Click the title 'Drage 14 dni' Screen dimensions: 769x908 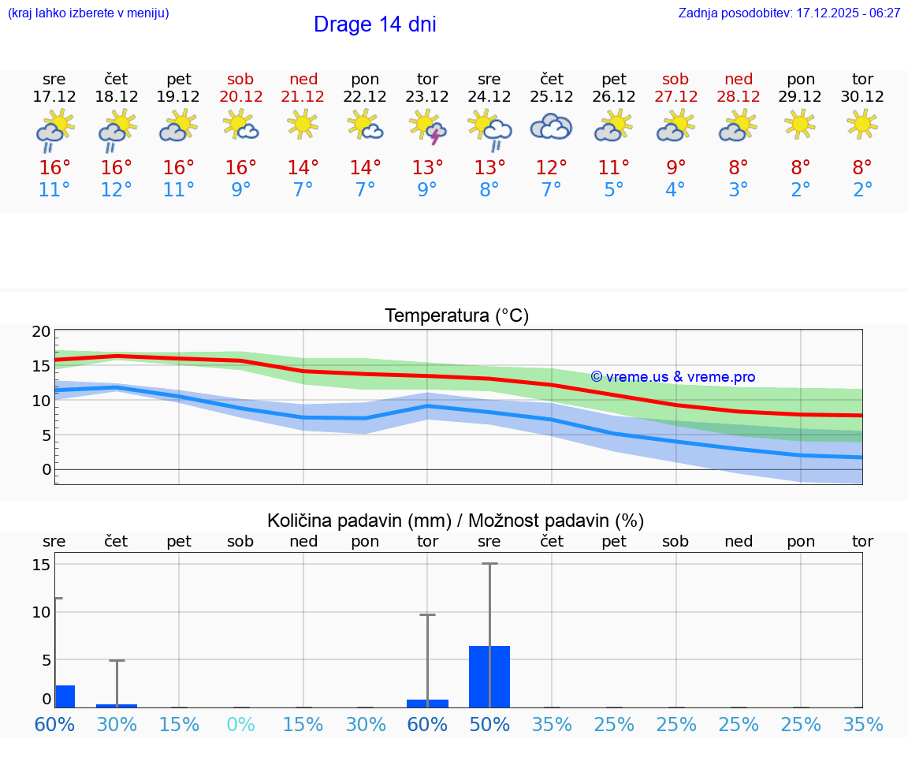374,24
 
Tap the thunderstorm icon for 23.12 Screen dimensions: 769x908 427,126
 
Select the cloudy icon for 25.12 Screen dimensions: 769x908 551,126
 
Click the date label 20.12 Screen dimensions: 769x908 240,97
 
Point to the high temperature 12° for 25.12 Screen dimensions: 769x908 551,167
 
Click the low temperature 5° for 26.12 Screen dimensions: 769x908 613,190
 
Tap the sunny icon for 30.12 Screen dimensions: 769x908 862,124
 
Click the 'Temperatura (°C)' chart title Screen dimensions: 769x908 456,316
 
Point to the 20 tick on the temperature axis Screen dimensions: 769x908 41,331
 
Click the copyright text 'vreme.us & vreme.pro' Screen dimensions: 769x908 672,377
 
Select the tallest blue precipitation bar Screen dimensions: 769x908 489,676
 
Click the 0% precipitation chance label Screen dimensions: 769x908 240,724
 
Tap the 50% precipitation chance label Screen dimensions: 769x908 489,724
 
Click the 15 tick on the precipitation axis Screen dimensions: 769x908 41,565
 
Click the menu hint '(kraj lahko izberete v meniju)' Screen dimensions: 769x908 88,13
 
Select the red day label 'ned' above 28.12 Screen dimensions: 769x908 738,79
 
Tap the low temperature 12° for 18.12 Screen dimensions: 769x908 116,190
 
